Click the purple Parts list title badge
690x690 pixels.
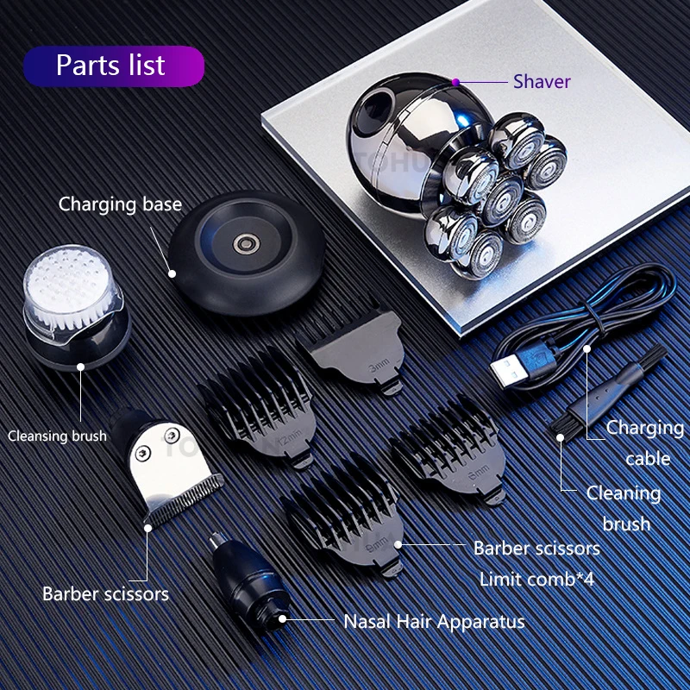pyautogui.click(x=114, y=66)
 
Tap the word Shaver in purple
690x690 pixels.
pyautogui.click(x=542, y=82)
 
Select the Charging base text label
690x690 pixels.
pyautogui.click(x=120, y=204)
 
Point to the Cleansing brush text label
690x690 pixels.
pyautogui.click(x=57, y=436)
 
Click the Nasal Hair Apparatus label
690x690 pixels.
pyautogui.click(x=434, y=622)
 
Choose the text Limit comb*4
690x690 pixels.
pyautogui.click(x=536, y=579)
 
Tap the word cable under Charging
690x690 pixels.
pyautogui.click(x=648, y=459)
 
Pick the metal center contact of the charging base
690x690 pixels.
pyautogui.click(x=246, y=244)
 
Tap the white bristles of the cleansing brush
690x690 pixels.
pyautogui.click(x=70, y=286)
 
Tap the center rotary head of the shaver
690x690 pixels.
pyautogui.click(x=501, y=199)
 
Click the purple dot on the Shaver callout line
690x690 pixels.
pyautogui.click(x=456, y=82)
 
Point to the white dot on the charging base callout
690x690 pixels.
pyautogui.click(x=172, y=273)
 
